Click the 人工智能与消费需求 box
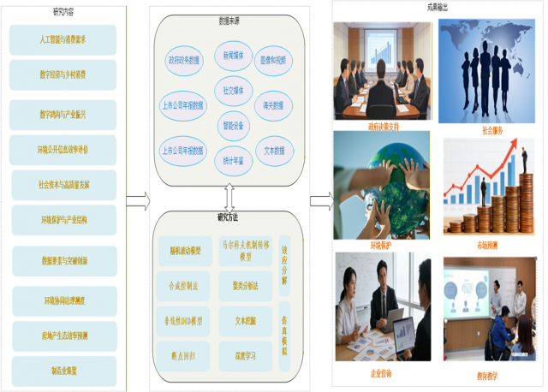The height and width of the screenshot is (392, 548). pyautogui.click(x=63, y=39)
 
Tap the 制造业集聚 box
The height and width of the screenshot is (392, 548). pyautogui.click(x=63, y=371)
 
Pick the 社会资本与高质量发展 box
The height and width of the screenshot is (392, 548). pyautogui.click(x=63, y=184)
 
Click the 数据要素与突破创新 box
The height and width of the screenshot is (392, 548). pyautogui.click(x=63, y=260)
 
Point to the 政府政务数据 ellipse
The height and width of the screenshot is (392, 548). pyautogui.click(x=183, y=61)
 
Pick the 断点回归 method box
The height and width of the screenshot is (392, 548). pyautogui.click(x=183, y=354)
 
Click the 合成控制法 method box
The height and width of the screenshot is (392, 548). pyautogui.click(x=183, y=287)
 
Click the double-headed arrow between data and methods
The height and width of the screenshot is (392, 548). pyautogui.click(x=229, y=199)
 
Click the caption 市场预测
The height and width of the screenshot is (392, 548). pyautogui.click(x=487, y=245)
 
